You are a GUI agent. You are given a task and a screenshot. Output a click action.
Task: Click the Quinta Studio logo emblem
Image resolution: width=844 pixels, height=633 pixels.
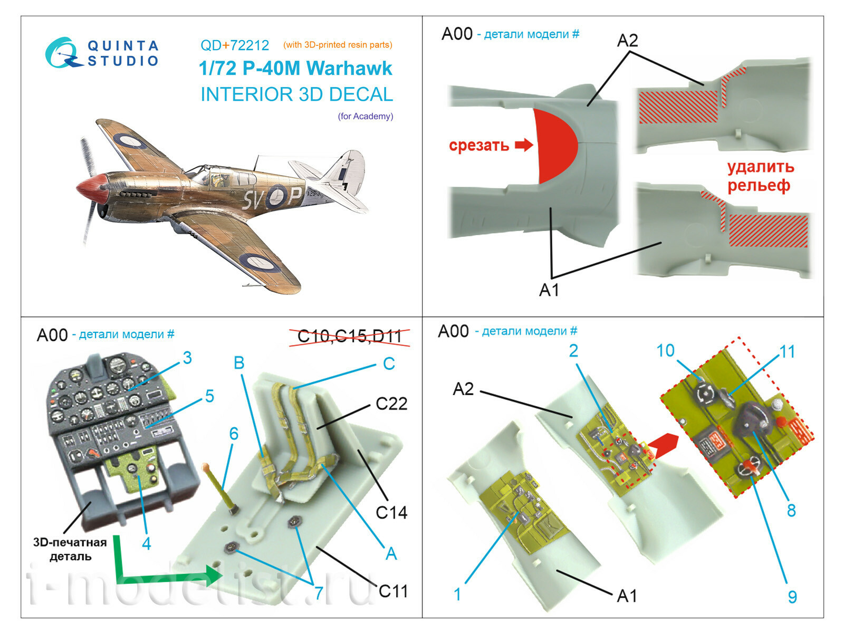point(62,53)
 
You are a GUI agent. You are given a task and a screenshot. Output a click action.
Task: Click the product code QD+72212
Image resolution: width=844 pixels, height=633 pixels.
point(235,45)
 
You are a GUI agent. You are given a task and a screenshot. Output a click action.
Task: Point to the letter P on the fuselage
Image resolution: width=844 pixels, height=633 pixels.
point(295,196)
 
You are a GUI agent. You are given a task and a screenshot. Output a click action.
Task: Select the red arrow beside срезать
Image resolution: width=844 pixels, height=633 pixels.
point(524,145)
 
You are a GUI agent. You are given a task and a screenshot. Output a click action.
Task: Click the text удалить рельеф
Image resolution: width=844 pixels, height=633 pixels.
point(760,176)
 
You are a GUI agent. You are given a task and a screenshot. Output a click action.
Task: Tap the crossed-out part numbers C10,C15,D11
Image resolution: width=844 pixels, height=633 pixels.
point(350,336)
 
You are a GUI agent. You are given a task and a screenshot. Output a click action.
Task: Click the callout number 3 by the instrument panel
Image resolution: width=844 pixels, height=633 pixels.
point(187,358)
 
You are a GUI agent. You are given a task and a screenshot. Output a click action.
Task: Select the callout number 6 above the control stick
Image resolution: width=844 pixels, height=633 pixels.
point(234,434)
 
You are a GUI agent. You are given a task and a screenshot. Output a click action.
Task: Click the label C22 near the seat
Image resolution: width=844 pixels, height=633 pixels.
point(391,404)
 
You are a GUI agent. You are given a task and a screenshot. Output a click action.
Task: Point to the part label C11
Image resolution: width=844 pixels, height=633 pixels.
point(393,591)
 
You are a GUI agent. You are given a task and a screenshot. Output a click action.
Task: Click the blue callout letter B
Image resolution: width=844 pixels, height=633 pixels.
point(239,363)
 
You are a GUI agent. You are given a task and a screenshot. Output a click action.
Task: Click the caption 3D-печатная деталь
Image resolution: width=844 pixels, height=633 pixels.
point(70,549)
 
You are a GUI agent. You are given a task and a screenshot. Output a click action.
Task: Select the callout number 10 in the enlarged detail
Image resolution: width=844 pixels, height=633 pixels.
point(665,351)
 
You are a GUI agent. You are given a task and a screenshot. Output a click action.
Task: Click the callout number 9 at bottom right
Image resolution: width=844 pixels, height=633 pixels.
point(792,597)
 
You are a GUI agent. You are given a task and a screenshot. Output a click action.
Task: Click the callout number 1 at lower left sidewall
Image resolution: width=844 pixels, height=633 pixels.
point(457,594)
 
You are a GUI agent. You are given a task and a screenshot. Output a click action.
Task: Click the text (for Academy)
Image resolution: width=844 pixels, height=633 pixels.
point(366,116)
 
